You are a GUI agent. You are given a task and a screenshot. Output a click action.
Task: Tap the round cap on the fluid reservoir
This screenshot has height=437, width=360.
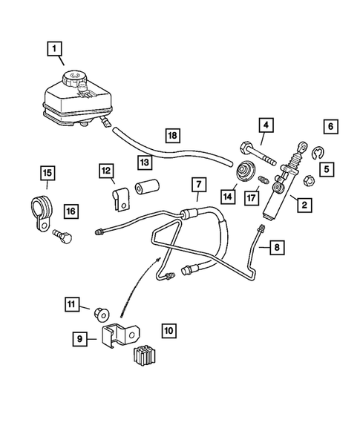[x=75, y=79]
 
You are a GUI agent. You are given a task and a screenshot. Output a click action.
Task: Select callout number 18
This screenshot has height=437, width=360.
[x=172, y=136]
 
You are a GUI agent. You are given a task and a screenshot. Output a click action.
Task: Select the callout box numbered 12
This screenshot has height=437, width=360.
[x=106, y=171]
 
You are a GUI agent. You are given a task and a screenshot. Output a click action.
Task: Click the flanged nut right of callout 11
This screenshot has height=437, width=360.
[x=103, y=312]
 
